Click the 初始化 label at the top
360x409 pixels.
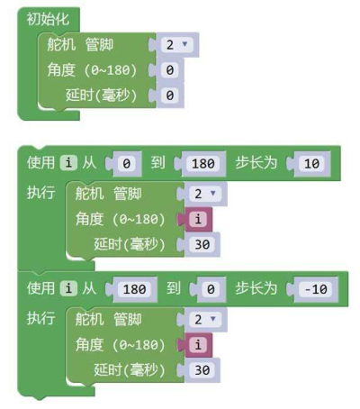coord(48,20)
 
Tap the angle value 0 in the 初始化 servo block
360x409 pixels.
coord(170,70)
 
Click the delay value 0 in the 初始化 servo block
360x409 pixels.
coord(170,95)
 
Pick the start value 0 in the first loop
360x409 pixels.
coord(127,164)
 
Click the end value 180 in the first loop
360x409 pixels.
coord(203,164)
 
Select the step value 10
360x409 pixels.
coord(311,164)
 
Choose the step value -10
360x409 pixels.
coord(316,289)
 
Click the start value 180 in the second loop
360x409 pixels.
coord(135,289)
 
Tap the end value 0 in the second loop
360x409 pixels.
coord(211,289)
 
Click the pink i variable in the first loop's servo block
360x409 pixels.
coord(198,219)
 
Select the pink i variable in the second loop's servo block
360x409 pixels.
coord(198,345)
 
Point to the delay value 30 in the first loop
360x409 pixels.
coord(202,244)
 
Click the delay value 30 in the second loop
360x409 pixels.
coord(202,370)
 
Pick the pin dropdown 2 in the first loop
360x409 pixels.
coord(205,194)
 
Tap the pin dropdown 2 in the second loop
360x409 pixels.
coord(205,319)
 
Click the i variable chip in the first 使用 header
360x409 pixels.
coord(68,163)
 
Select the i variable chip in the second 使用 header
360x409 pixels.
coord(68,288)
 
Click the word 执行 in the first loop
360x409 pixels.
coord(41,193)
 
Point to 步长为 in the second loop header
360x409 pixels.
coord(256,289)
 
